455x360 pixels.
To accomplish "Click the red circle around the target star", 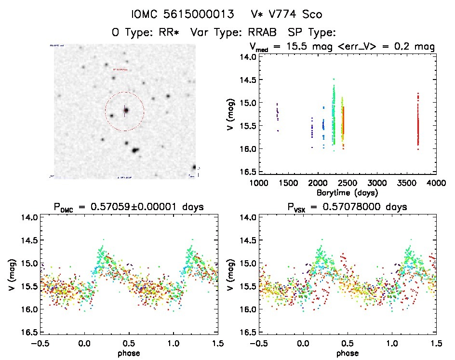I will point(143,111).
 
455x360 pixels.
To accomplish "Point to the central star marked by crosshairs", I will point(126,110).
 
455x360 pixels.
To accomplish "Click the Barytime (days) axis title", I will point(347,192).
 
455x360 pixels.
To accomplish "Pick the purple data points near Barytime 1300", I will point(277,115).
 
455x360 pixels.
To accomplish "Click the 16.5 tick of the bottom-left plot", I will point(29,333).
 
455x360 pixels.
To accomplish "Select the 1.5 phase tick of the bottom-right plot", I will point(436,343).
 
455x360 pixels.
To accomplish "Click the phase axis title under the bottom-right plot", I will point(347,352).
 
